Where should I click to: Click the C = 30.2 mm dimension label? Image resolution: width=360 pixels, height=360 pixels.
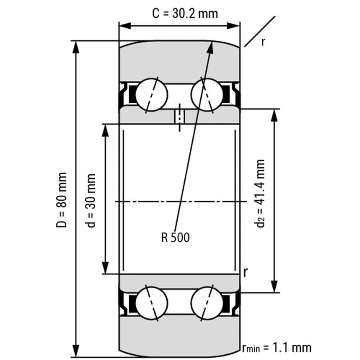[x=185, y=13]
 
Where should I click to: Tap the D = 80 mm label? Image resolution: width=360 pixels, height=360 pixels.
[x=62, y=200]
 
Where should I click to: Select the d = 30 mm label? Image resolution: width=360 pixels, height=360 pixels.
[x=92, y=200]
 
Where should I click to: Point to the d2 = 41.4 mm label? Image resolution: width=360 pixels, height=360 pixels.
[x=261, y=194]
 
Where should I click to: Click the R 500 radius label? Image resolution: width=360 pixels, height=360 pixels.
[x=175, y=238]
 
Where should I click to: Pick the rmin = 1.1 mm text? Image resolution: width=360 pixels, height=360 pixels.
[x=276, y=347]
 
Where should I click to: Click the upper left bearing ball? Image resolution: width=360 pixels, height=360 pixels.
[x=152, y=95]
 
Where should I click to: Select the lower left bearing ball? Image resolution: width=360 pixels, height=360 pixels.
[x=152, y=302]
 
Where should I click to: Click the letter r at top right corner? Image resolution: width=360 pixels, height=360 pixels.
[x=263, y=42]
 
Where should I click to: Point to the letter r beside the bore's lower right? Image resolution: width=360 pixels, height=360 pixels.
[x=245, y=273]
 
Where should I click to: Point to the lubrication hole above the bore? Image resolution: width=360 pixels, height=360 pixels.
[x=180, y=117]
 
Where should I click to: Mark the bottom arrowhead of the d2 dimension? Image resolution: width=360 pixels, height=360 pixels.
[x=274, y=289]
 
